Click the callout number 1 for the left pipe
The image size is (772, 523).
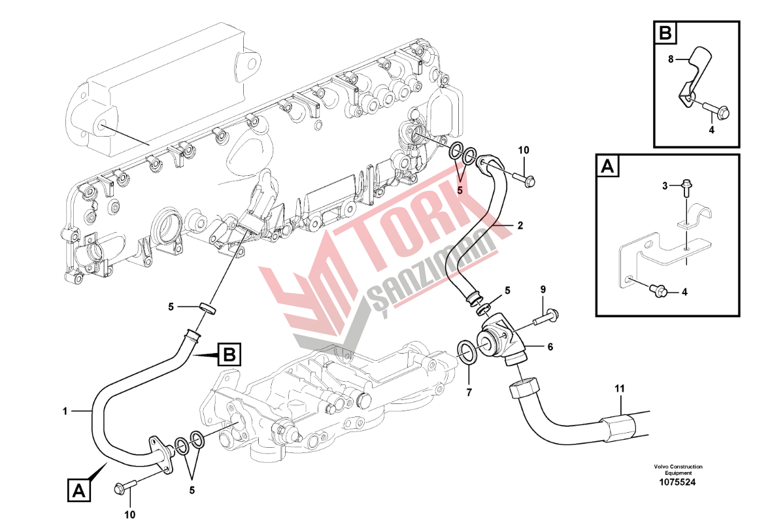tap(65, 411)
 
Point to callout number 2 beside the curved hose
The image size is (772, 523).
tap(520, 226)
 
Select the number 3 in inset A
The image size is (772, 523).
tap(665, 186)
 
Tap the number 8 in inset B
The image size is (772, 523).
tap(670, 59)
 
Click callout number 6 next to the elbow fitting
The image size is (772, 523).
tap(550, 347)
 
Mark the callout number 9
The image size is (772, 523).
tap(542, 289)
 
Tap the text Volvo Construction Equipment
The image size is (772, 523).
tap(677, 469)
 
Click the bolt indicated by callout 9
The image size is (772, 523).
tap(546, 318)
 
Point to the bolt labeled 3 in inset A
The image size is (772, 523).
tap(684, 186)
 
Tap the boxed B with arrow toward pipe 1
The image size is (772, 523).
tap(228, 355)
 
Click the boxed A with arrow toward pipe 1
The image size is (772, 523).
tap(78, 490)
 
